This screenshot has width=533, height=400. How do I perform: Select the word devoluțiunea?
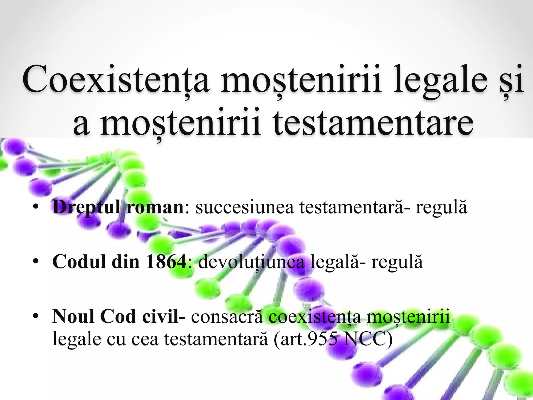pos(251,261)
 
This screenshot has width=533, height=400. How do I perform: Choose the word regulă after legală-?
pos(397,261)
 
